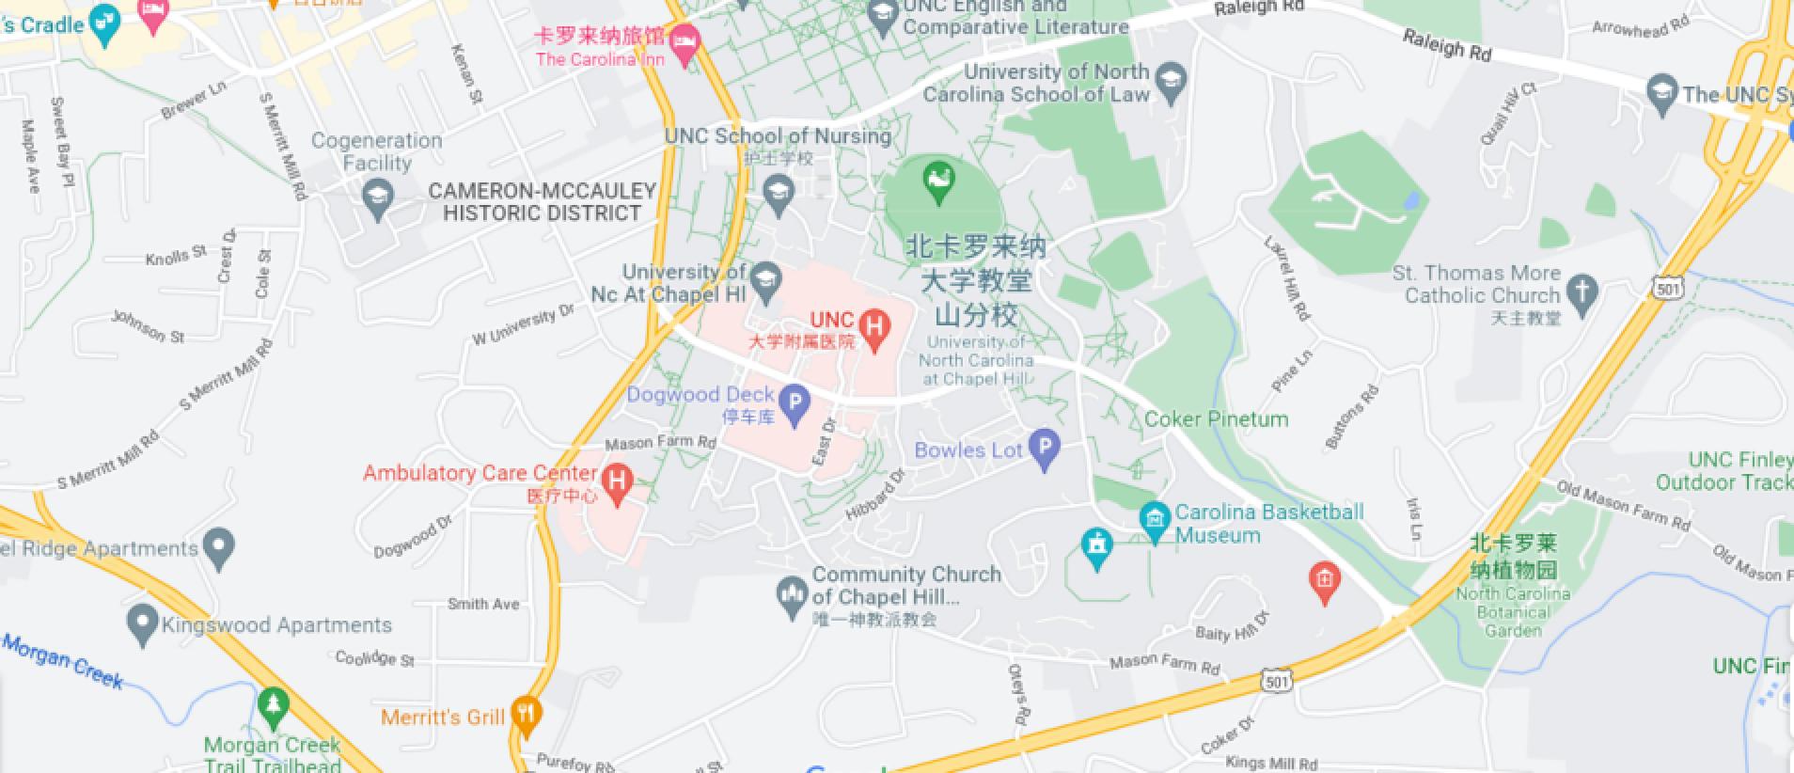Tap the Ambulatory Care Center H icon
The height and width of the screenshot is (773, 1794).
617,481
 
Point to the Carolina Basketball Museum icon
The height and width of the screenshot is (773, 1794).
1155,518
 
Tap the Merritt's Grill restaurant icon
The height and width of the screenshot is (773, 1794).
527,716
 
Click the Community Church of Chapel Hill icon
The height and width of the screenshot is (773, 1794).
790,594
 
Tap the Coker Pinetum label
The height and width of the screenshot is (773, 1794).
1216,419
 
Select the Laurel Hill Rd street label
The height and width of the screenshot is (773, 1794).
1287,278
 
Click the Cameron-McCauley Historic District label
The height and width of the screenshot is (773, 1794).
542,201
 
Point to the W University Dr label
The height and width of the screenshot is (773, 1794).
523,324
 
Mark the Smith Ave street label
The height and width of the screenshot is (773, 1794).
483,604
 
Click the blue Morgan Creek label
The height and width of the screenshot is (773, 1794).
63,660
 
